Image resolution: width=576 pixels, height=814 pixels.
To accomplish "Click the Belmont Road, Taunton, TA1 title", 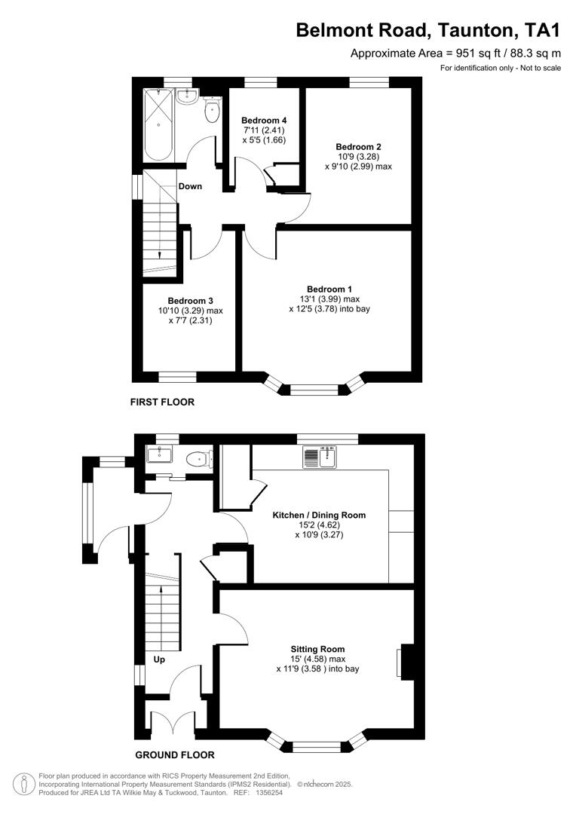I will pyautogui.click(x=428, y=30).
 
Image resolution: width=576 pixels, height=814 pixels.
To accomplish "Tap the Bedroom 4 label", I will pyautogui.click(x=263, y=121).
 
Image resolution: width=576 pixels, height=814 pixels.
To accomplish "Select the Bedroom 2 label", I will pyautogui.click(x=358, y=146).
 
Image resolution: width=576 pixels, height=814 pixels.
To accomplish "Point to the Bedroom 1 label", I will pyautogui.click(x=329, y=289).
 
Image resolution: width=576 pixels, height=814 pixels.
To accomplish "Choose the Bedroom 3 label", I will pyautogui.click(x=190, y=301).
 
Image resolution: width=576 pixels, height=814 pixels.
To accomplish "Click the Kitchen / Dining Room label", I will pyautogui.click(x=319, y=515).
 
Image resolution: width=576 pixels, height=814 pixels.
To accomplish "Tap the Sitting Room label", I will pyautogui.click(x=317, y=649).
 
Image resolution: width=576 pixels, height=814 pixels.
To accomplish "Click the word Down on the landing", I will pyautogui.click(x=190, y=186).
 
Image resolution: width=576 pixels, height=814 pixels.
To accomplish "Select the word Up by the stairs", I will pyautogui.click(x=159, y=659).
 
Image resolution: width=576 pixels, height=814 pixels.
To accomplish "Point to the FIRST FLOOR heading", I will pyautogui.click(x=162, y=402).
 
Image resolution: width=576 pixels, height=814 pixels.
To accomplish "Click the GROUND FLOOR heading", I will pyautogui.click(x=174, y=754).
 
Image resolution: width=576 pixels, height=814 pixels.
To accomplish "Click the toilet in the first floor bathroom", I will pyautogui.click(x=211, y=111).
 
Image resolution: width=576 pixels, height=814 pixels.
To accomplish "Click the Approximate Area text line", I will pyautogui.click(x=455, y=53).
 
